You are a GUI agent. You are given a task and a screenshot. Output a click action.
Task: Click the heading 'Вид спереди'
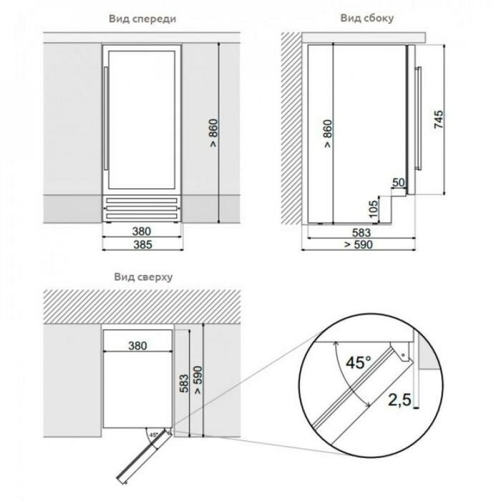(142, 19)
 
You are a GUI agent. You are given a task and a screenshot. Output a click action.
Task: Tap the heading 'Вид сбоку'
(366, 18)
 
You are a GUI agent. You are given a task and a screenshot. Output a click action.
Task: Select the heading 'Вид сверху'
(143, 277)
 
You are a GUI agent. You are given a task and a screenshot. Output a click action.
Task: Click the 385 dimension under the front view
(142, 245)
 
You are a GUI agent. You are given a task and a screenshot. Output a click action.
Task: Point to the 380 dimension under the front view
(142, 231)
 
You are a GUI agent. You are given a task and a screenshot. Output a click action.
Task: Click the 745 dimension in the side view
(439, 120)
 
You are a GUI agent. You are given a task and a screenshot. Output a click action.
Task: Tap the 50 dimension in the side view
(399, 183)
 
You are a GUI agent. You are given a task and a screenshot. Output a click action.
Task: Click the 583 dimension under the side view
(361, 233)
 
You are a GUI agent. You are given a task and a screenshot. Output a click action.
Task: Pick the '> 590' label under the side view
(359, 245)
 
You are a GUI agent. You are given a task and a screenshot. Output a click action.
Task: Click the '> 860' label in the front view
(213, 133)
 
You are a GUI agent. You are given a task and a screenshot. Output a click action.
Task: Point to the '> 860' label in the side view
(327, 134)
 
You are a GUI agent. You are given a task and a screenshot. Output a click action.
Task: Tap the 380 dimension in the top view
(137, 346)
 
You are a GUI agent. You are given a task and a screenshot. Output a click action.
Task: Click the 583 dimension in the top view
(184, 383)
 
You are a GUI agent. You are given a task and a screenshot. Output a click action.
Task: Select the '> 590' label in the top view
(198, 380)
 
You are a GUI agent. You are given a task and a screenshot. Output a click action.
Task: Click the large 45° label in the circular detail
(359, 362)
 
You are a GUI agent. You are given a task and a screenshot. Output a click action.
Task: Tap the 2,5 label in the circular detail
(399, 399)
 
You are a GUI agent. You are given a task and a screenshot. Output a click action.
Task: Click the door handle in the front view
(106, 119)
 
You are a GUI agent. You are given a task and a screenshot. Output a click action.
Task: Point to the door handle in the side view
(418, 118)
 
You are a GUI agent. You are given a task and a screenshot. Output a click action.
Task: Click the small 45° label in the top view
(154, 435)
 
